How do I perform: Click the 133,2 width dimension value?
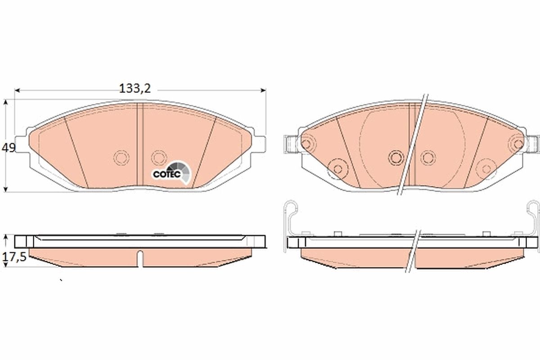coord(134,89)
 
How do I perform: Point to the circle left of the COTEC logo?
coord(158,157)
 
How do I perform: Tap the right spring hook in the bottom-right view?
coord(532,211)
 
